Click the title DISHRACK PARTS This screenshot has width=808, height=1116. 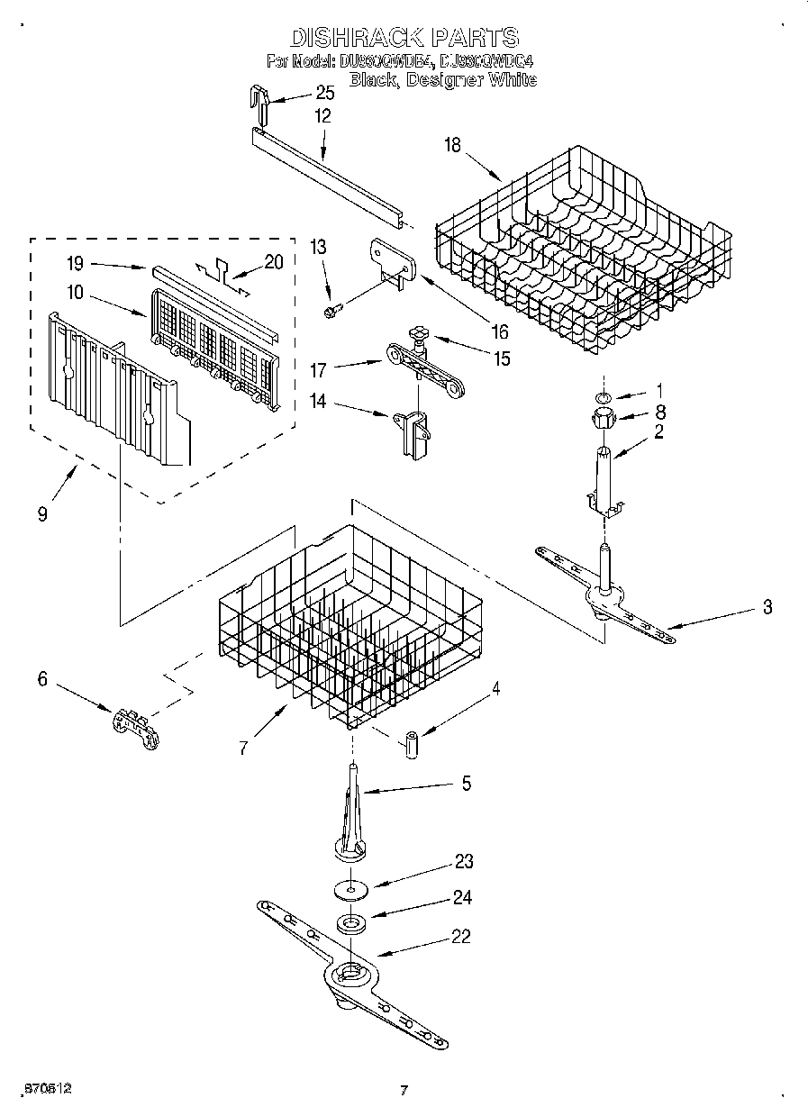coord(404,37)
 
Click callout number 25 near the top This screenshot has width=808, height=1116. coord(323,93)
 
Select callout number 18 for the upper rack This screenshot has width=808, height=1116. coord(452,145)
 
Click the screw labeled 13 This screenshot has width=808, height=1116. coord(331,310)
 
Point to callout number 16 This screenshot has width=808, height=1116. coord(500,331)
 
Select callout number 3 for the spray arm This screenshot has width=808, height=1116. coord(767,606)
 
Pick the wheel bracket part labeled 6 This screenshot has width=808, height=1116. coord(135,725)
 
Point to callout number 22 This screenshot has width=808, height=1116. coord(460,936)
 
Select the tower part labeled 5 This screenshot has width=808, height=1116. coord(351,811)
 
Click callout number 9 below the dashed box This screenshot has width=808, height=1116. coord(42,514)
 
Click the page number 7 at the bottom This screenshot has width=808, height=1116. coord(404,1090)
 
